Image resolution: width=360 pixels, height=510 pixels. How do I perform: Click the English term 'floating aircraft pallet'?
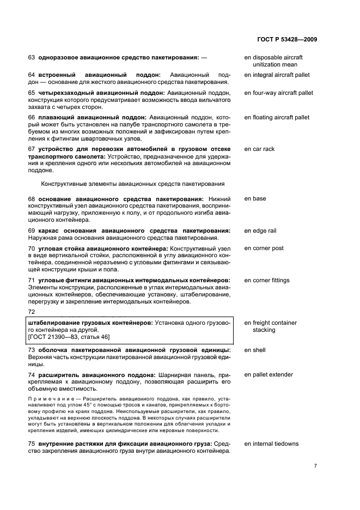pyautogui.click(x=277, y=117)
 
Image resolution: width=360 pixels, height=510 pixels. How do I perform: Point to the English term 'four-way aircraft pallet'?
pyautogui.click(x=278, y=93)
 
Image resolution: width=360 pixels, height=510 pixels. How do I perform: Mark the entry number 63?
pyautogui.click(x=31, y=57)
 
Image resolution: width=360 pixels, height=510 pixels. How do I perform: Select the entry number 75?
pyautogui.click(x=31, y=444)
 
